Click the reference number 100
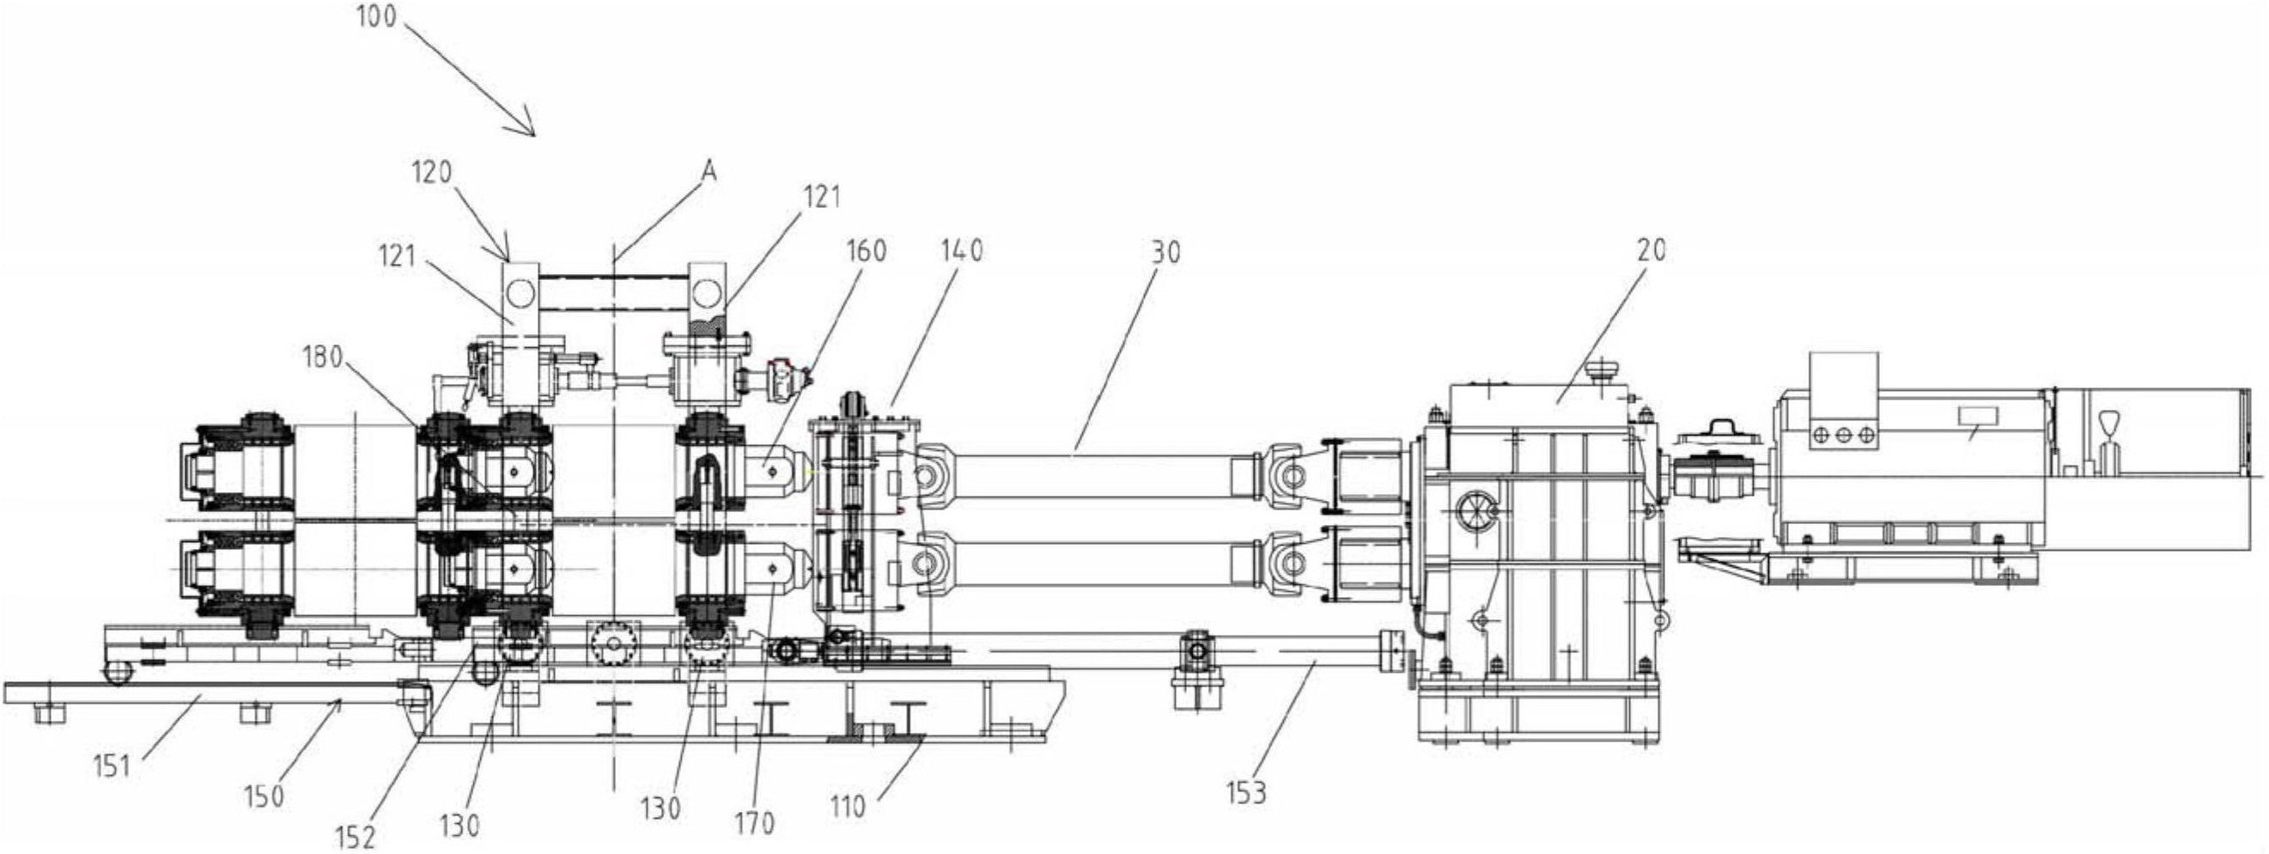coord(376,16)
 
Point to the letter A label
coord(709,172)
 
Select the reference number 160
coord(865,251)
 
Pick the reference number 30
coord(1165,253)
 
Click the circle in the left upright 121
coord(520,292)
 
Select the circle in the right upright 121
coord(706,292)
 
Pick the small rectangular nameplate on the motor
coord(1978,417)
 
